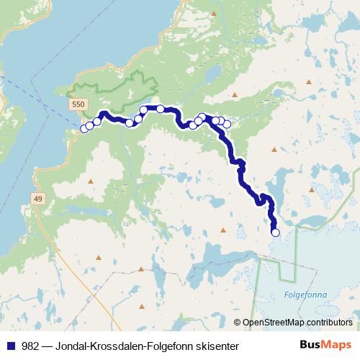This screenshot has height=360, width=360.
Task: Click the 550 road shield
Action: pos(78,105)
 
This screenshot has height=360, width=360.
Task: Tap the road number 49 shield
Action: pos(37,197)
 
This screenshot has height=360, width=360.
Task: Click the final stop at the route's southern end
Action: pos(275,232)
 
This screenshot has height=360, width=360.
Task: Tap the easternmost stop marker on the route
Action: pos(228,124)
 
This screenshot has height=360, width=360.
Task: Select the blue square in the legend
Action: pos(11,346)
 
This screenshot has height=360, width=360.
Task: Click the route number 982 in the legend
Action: pos(30,346)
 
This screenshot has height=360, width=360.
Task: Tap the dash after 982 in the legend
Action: pos(46,346)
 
